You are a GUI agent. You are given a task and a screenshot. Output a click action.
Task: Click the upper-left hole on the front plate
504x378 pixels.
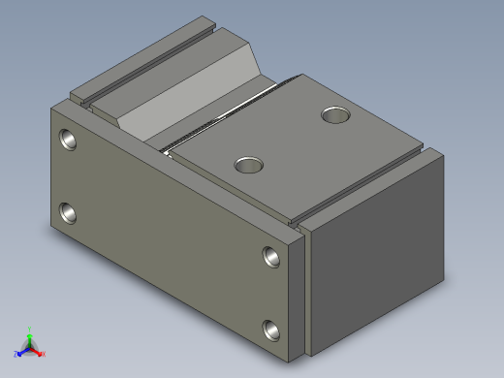pos(68,140)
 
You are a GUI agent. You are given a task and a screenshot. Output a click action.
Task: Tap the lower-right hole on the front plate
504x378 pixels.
pos(272,330)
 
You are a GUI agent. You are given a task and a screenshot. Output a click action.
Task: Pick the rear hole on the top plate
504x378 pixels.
pos(336,115)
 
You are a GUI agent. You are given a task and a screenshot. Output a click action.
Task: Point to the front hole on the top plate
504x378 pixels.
pos(250,164)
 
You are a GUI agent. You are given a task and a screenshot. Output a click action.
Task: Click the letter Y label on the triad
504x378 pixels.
pos(30,329)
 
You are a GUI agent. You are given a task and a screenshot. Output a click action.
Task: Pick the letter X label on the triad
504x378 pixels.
pos(43,354)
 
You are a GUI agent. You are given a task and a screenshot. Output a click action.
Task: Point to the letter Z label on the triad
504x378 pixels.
pos(16,354)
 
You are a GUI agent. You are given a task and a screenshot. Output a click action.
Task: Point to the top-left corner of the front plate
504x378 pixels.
pos(51,109)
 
